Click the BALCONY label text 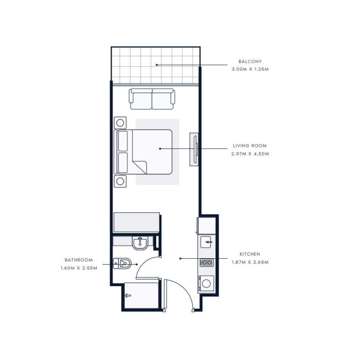[250, 62]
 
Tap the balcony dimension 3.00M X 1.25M [250, 69]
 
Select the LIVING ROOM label [250, 146]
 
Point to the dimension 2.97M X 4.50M [250, 154]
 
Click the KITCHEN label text [250, 254]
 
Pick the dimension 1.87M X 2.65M [250, 262]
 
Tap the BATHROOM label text [79, 260]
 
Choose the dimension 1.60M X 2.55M [79, 268]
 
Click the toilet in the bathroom [122, 263]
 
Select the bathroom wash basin [140, 243]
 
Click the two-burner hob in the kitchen [207, 262]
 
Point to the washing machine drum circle [207, 283]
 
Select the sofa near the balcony [152, 99]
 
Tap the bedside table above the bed [120, 123]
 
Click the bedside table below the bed [120, 181]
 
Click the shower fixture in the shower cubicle [128, 296]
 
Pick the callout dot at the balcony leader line [157, 65]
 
